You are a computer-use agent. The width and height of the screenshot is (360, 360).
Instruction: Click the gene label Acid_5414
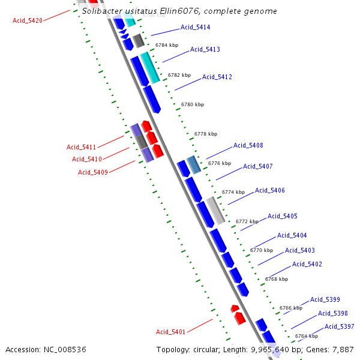pyautogui.click(x=195, y=28)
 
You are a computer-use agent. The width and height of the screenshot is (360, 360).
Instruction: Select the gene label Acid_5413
pyautogui.click(x=205, y=49)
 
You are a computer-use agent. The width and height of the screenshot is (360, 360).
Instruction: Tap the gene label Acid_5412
pyautogui.click(x=217, y=77)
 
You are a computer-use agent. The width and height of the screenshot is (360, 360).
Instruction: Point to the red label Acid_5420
pyautogui.click(x=28, y=20)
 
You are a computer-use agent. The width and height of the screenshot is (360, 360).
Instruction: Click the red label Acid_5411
pyautogui.click(x=81, y=147)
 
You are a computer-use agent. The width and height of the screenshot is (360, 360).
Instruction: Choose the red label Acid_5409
pyautogui.click(x=92, y=172)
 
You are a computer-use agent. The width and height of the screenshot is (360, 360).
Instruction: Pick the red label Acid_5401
pyautogui.click(x=170, y=332)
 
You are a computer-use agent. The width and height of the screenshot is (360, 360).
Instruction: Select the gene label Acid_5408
pyautogui.click(x=248, y=145)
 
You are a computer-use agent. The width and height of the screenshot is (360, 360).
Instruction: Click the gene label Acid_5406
pyautogui.click(x=269, y=190)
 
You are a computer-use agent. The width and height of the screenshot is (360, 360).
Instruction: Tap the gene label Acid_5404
pyautogui.click(x=292, y=235)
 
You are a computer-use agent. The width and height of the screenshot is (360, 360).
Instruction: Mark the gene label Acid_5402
pyautogui.click(x=307, y=264)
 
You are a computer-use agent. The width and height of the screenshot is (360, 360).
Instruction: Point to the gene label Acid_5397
pyautogui.click(x=339, y=326)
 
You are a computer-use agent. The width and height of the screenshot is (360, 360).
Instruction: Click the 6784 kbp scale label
pyautogui.click(x=166, y=45)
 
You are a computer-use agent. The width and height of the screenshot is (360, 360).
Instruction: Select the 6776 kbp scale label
pyautogui.click(x=219, y=163)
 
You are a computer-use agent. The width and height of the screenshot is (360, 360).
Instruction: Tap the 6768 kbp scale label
pyautogui.click(x=276, y=279)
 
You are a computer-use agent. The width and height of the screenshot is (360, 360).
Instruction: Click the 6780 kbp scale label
pyautogui.click(x=193, y=104)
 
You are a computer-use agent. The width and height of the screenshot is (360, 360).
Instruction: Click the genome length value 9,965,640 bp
pyautogui.click(x=275, y=349)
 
